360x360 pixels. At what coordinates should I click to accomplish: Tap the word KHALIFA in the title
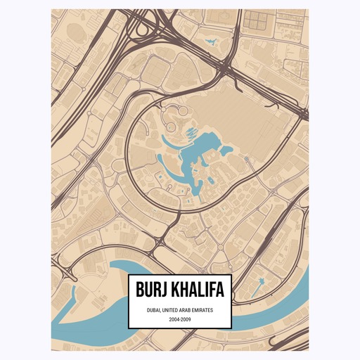pyautogui.click(x=196, y=289)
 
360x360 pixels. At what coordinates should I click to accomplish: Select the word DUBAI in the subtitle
pyautogui.click(x=155, y=309)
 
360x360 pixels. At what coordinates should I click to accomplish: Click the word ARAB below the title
pyautogui.click(x=190, y=309)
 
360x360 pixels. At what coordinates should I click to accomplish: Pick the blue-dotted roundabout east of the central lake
pyautogui.click(x=247, y=160)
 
